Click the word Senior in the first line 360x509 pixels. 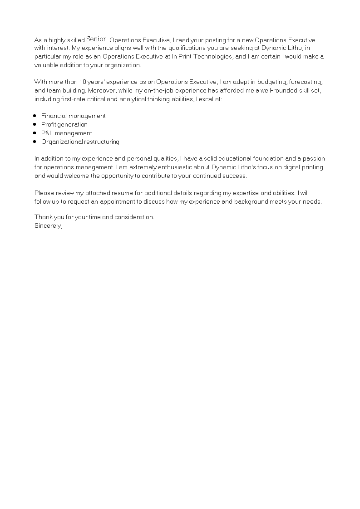pos(96,39)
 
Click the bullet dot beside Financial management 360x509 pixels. pos(35,116)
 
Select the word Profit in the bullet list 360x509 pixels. pos(49,124)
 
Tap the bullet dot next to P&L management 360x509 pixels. pos(35,133)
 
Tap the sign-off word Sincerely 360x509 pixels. pos(48,225)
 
